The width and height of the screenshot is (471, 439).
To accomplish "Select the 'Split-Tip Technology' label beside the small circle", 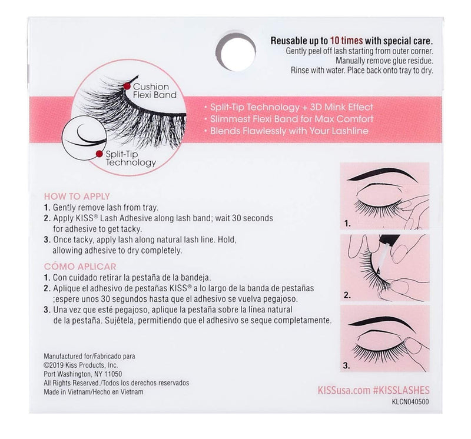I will pyautogui.click(x=128, y=158).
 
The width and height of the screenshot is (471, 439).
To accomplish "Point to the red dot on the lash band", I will pyautogui.click(x=127, y=86).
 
